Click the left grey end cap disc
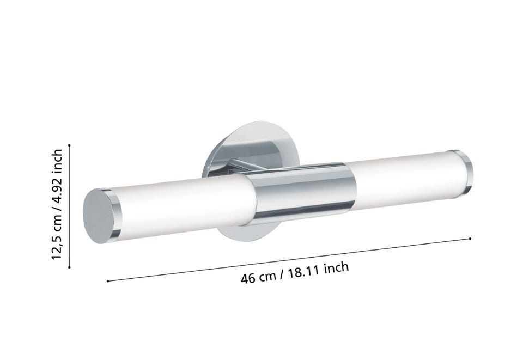click(99, 216)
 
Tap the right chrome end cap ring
click(464, 174)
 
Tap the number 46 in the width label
click(248, 278)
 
